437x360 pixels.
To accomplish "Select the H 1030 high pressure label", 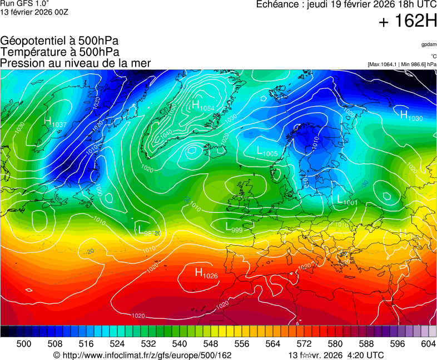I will (411, 116).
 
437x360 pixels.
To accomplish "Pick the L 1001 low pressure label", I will (347, 200).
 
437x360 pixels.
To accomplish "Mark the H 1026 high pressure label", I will (206, 273).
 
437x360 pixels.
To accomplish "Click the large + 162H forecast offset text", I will (407, 22).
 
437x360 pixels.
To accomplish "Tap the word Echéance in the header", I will (278, 4).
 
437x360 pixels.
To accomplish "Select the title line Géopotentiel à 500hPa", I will (59, 41).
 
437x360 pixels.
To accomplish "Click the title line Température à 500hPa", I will (59, 52).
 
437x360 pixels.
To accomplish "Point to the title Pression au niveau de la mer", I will (76, 63).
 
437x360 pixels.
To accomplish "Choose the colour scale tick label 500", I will (23, 344).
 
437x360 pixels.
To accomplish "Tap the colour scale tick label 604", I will (428, 344).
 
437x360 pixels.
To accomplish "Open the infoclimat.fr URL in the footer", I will (142, 355).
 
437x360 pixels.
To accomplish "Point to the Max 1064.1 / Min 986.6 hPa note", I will (402, 64).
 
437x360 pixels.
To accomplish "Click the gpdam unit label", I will (429, 44).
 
